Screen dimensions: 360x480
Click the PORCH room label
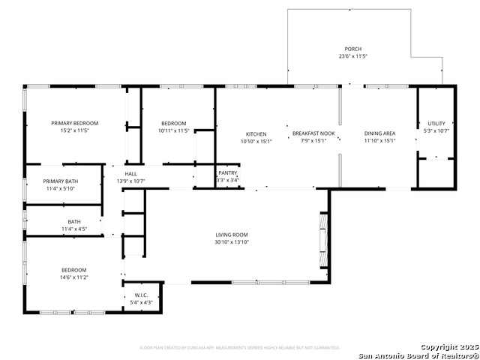coord(352,49)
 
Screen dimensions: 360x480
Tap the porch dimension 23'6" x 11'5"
coord(352,56)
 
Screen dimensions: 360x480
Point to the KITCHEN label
coord(256,133)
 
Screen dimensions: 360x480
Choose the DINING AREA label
coord(379,133)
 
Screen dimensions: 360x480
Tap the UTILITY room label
coord(436,123)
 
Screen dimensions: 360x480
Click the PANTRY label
coord(227,173)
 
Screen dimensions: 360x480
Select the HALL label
coord(130,174)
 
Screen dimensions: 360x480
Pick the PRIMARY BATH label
coord(61,181)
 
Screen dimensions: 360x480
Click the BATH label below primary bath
coord(74,221)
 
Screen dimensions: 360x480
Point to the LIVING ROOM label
coord(232,235)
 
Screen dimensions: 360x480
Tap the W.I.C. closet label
coord(142,295)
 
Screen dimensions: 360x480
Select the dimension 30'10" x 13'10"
coord(232,242)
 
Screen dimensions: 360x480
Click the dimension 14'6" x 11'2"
coord(74,277)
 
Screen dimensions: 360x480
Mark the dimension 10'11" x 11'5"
coord(174,130)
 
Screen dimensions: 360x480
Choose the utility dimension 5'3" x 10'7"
coord(436,130)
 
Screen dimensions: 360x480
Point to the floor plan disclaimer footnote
coord(240,347)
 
